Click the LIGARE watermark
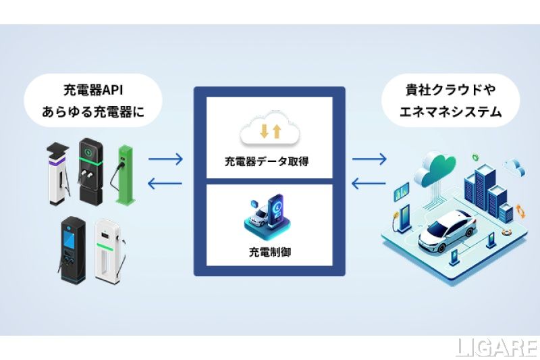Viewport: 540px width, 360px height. pos(496,347)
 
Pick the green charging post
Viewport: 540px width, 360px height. pos(125,174)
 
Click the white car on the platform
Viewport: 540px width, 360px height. pos(446,230)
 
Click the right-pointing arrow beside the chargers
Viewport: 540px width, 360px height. pos(165,160)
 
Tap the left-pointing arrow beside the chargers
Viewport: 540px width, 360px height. pos(165,182)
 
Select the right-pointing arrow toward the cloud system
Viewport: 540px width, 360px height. pos(369,160)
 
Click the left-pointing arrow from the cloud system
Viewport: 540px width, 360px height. pos(369,182)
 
